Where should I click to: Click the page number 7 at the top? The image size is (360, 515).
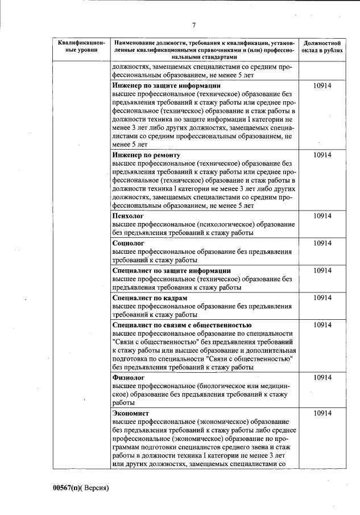(x=194, y=25)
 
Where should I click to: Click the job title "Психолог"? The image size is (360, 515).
(x=128, y=216)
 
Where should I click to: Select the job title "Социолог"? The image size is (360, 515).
(x=128, y=244)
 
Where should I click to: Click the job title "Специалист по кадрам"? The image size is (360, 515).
(x=150, y=298)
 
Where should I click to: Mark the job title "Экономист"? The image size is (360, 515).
(x=130, y=413)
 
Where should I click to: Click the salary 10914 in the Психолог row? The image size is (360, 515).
(x=322, y=216)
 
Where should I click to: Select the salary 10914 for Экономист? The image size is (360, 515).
(x=322, y=413)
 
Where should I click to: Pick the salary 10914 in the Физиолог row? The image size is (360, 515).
(x=322, y=377)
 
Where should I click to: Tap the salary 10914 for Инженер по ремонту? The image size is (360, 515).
(x=322, y=155)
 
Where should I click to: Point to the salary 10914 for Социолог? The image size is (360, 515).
(x=322, y=244)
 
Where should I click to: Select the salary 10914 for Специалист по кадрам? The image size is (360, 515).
(x=322, y=298)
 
